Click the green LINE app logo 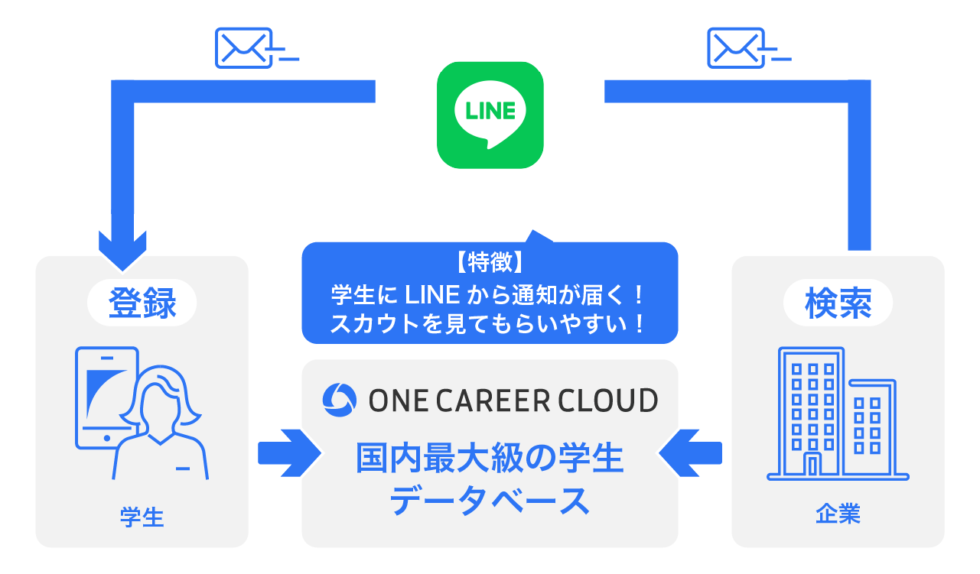click(x=490, y=115)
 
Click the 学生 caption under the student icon click(x=142, y=517)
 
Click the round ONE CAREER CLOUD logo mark click(x=338, y=400)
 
